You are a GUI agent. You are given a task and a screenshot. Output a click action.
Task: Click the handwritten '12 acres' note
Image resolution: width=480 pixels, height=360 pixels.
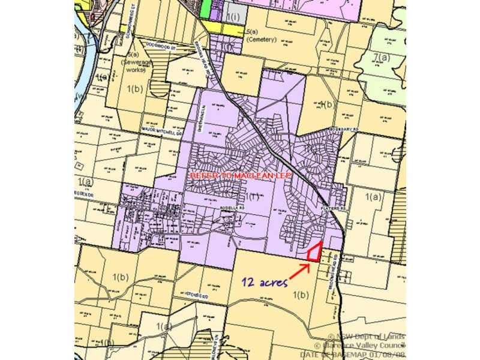(x=265, y=283)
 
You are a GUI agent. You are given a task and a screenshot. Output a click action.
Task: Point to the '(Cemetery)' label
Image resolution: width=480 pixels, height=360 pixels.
(x=261, y=40)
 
